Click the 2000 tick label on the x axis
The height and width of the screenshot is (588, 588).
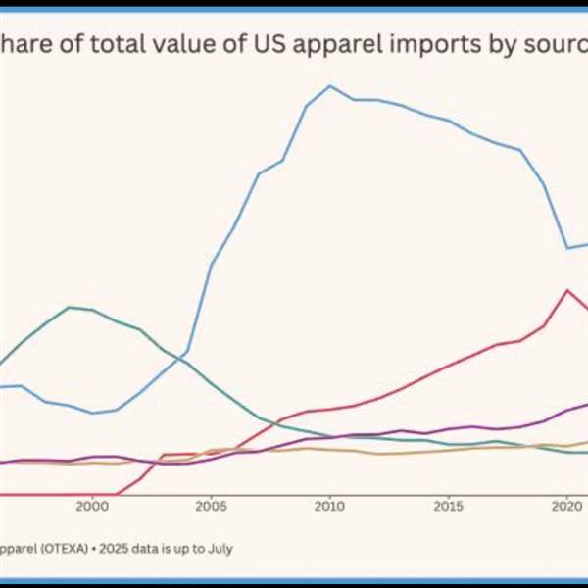point(92,507)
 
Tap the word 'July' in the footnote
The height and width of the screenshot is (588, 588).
point(218,549)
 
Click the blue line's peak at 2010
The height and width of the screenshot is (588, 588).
point(330,85)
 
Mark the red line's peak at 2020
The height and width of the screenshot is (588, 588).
point(566,290)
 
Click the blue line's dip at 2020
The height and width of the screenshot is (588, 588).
point(567,248)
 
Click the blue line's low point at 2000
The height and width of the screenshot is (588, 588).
point(93,413)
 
